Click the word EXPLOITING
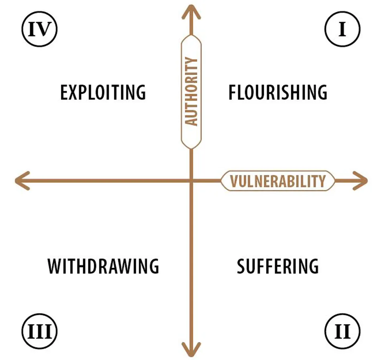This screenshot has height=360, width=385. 103,93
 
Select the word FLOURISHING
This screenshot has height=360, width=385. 278,93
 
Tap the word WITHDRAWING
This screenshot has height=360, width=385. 103,266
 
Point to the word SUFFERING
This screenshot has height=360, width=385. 278,266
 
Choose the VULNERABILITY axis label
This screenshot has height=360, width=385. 278,181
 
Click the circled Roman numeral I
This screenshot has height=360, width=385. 342,29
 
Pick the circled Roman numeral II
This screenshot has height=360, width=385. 342,332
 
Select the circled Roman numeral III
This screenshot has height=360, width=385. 39,332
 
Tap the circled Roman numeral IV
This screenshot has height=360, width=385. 39,29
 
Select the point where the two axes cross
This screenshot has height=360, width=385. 191,181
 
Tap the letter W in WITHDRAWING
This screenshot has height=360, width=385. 55,266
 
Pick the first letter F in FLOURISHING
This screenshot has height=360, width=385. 232,93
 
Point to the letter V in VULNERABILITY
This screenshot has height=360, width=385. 234,181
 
